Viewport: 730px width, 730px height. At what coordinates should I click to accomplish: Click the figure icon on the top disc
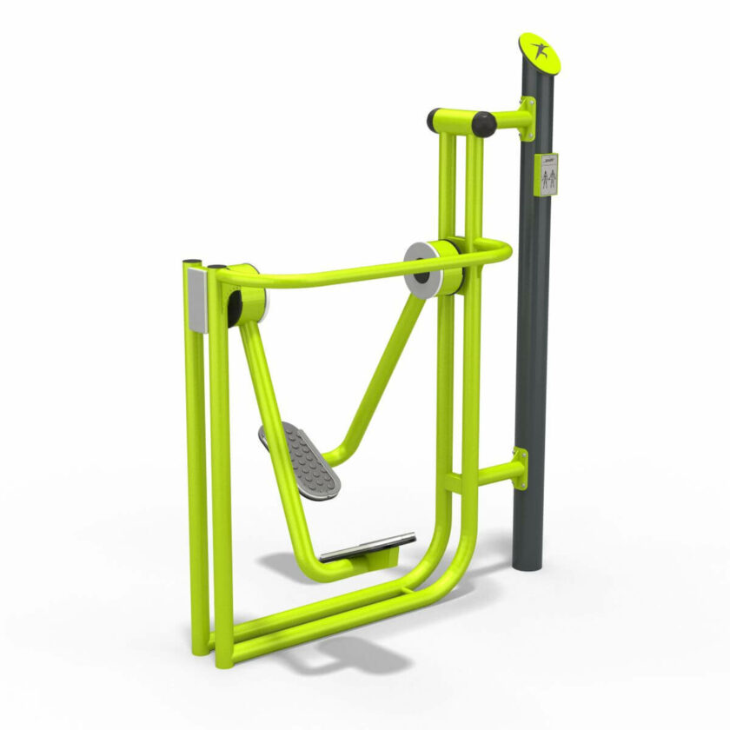[x=541, y=52]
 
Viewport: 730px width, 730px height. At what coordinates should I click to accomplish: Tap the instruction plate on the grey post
[x=547, y=175]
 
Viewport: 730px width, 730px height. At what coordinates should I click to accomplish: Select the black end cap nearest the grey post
[x=484, y=124]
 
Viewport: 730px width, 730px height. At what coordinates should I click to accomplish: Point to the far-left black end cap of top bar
[x=435, y=120]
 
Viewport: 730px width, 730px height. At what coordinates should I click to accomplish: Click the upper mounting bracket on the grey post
[x=527, y=119]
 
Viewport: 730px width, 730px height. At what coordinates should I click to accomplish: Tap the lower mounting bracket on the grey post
[x=519, y=470]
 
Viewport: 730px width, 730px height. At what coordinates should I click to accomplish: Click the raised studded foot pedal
[x=301, y=459]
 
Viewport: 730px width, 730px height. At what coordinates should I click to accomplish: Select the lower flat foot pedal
[x=368, y=547]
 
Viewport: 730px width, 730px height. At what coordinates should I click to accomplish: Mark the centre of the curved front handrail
[x=348, y=275]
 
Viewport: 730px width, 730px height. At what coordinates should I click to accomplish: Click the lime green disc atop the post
[x=540, y=53]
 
